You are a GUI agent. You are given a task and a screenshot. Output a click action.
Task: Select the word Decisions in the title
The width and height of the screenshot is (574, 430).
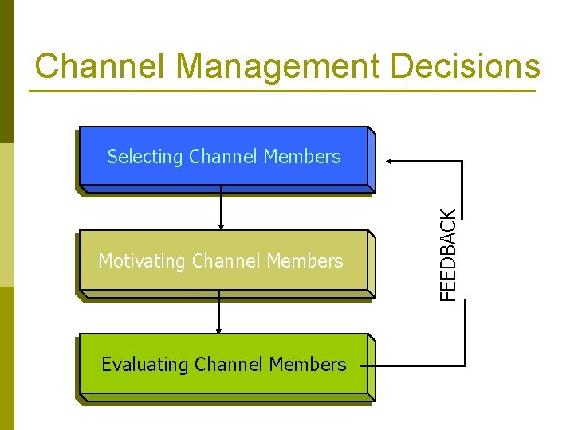(465, 66)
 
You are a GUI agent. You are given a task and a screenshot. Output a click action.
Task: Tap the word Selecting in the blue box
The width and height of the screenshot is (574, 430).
(145, 157)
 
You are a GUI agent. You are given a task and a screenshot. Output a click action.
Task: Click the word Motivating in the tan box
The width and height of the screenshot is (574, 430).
(142, 261)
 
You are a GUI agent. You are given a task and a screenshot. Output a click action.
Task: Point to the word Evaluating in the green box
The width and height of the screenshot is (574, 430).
(145, 365)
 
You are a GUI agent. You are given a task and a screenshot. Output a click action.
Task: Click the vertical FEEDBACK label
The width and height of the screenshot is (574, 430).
(450, 254)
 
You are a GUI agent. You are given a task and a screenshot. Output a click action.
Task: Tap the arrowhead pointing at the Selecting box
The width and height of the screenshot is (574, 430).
(392, 162)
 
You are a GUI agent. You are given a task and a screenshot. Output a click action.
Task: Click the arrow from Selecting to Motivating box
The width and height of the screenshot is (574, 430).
(221, 211)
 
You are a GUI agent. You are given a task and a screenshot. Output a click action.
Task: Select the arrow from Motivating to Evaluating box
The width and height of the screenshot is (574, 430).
(218, 312)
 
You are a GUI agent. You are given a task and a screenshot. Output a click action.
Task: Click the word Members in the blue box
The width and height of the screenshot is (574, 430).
(301, 157)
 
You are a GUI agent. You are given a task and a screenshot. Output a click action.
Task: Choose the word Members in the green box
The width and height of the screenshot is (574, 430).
(308, 365)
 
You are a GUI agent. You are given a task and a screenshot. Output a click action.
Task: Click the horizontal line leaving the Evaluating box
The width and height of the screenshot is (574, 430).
(411, 365)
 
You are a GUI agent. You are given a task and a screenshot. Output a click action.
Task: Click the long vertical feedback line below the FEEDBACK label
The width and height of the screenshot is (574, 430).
(463, 334)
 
